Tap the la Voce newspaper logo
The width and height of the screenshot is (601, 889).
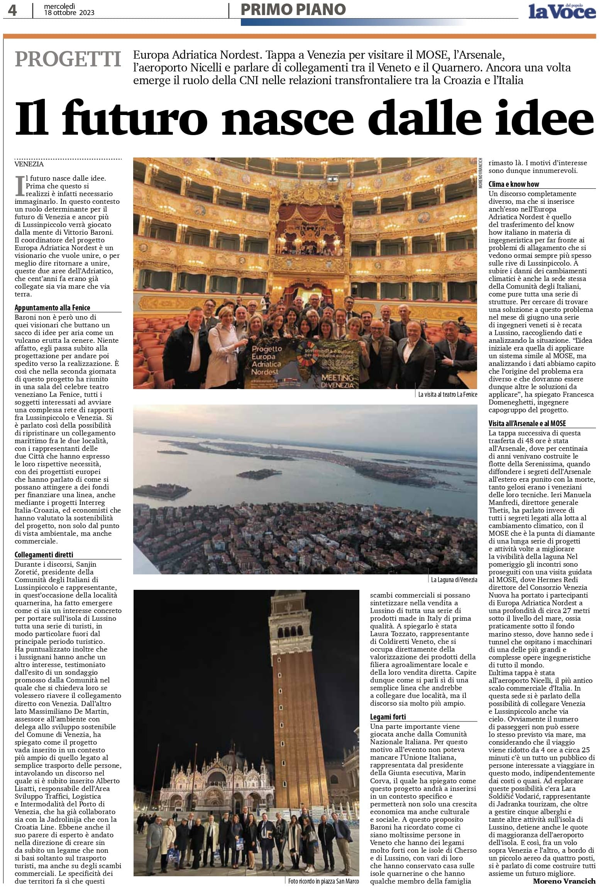(x=562, y=12)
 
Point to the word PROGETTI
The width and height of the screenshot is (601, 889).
(x=68, y=59)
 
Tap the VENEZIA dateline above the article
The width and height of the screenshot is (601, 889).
(x=29, y=164)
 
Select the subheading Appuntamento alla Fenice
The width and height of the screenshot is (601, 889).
(x=52, y=308)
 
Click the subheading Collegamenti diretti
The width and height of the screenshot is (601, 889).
(x=44, y=555)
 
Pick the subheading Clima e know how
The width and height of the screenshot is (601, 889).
(x=514, y=184)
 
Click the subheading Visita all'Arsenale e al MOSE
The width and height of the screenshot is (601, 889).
(x=527, y=423)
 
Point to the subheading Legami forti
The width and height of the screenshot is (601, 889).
(x=388, y=717)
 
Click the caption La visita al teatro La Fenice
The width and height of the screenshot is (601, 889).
(x=448, y=395)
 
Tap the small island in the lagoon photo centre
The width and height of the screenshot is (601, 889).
(x=252, y=473)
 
